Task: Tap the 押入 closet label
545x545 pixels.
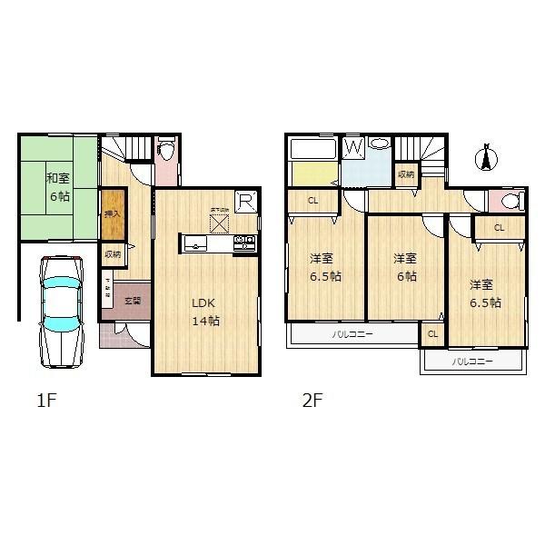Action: [112, 214]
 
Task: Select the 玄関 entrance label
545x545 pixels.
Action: [133, 300]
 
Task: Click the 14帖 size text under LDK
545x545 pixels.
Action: [205, 321]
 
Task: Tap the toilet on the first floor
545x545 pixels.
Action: [166, 151]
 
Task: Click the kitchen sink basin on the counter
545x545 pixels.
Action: [196, 243]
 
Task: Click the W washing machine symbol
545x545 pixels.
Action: [353, 146]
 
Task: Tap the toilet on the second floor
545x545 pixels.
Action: [507, 202]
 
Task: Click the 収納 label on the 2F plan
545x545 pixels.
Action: [406, 173]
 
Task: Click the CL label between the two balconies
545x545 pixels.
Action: [432, 334]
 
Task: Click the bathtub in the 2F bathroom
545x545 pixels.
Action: [312, 146]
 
